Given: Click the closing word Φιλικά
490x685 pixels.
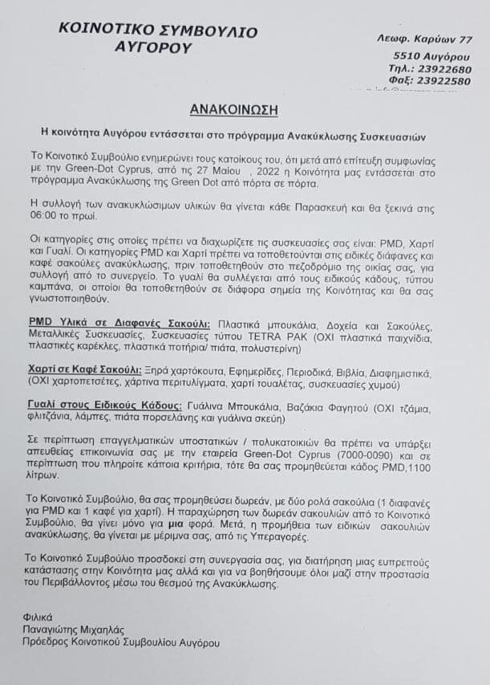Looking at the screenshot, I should tap(39, 616).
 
